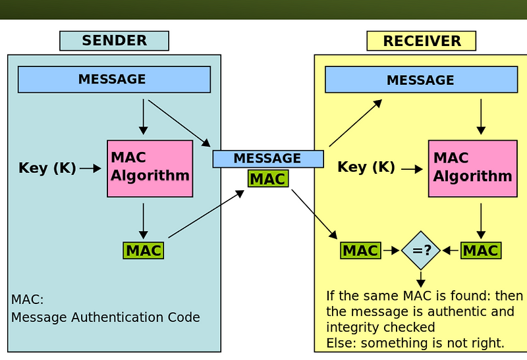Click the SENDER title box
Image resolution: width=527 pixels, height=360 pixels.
click(x=114, y=41)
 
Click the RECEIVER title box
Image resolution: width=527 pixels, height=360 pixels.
click(x=421, y=41)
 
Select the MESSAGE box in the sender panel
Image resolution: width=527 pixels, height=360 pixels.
click(x=114, y=80)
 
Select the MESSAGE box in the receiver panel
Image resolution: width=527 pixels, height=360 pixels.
click(x=421, y=80)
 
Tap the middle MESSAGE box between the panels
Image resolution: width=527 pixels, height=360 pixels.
click(x=267, y=159)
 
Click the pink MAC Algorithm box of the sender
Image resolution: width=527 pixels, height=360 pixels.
click(x=150, y=168)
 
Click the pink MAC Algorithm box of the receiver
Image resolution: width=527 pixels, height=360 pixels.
click(x=472, y=168)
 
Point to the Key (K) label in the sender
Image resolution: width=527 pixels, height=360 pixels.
click(x=47, y=168)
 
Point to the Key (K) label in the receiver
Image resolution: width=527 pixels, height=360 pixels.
click(x=366, y=167)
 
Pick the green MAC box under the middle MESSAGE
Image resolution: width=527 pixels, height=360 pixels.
click(x=267, y=179)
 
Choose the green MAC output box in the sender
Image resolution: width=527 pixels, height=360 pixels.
click(x=143, y=251)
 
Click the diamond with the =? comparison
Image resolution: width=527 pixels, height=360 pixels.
click(x=421, y=251)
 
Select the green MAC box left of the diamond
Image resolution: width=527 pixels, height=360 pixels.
click(x=360, y=251)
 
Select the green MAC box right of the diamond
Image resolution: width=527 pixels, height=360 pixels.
click(x=481, y=251)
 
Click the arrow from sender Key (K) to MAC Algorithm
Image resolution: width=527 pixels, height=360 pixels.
click(x=90, y=169)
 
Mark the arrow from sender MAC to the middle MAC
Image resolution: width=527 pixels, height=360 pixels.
click(x=206, y=214)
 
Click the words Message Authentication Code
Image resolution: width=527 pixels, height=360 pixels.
click(x=105, y=317)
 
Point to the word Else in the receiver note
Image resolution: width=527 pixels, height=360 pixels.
click(x=339, y=343)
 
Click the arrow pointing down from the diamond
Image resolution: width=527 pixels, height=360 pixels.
click(x=421, y=279)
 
